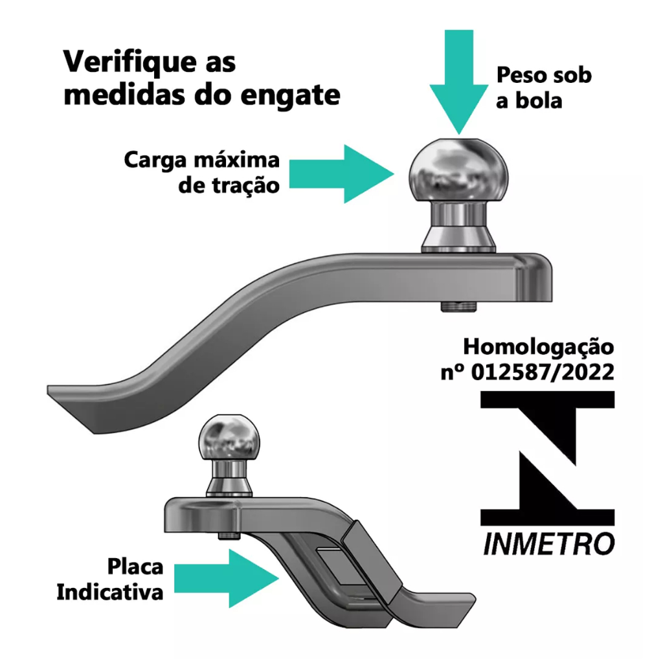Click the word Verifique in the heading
coord(130,62)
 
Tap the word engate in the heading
coord(290,95)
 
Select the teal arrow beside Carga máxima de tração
coord(342,174)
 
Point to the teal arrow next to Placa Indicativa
coord(226,578)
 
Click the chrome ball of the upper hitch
coord(459,170)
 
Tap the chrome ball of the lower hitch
coord(229,438)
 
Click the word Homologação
coord(539,348)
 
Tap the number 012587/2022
coord(543,372)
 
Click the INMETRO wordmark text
coord(548,544)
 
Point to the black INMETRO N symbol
coord(548,458)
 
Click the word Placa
coord(135,567)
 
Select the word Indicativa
coord(110,592)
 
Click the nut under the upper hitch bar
coord(459,306)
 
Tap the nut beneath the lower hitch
coord(229,535)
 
